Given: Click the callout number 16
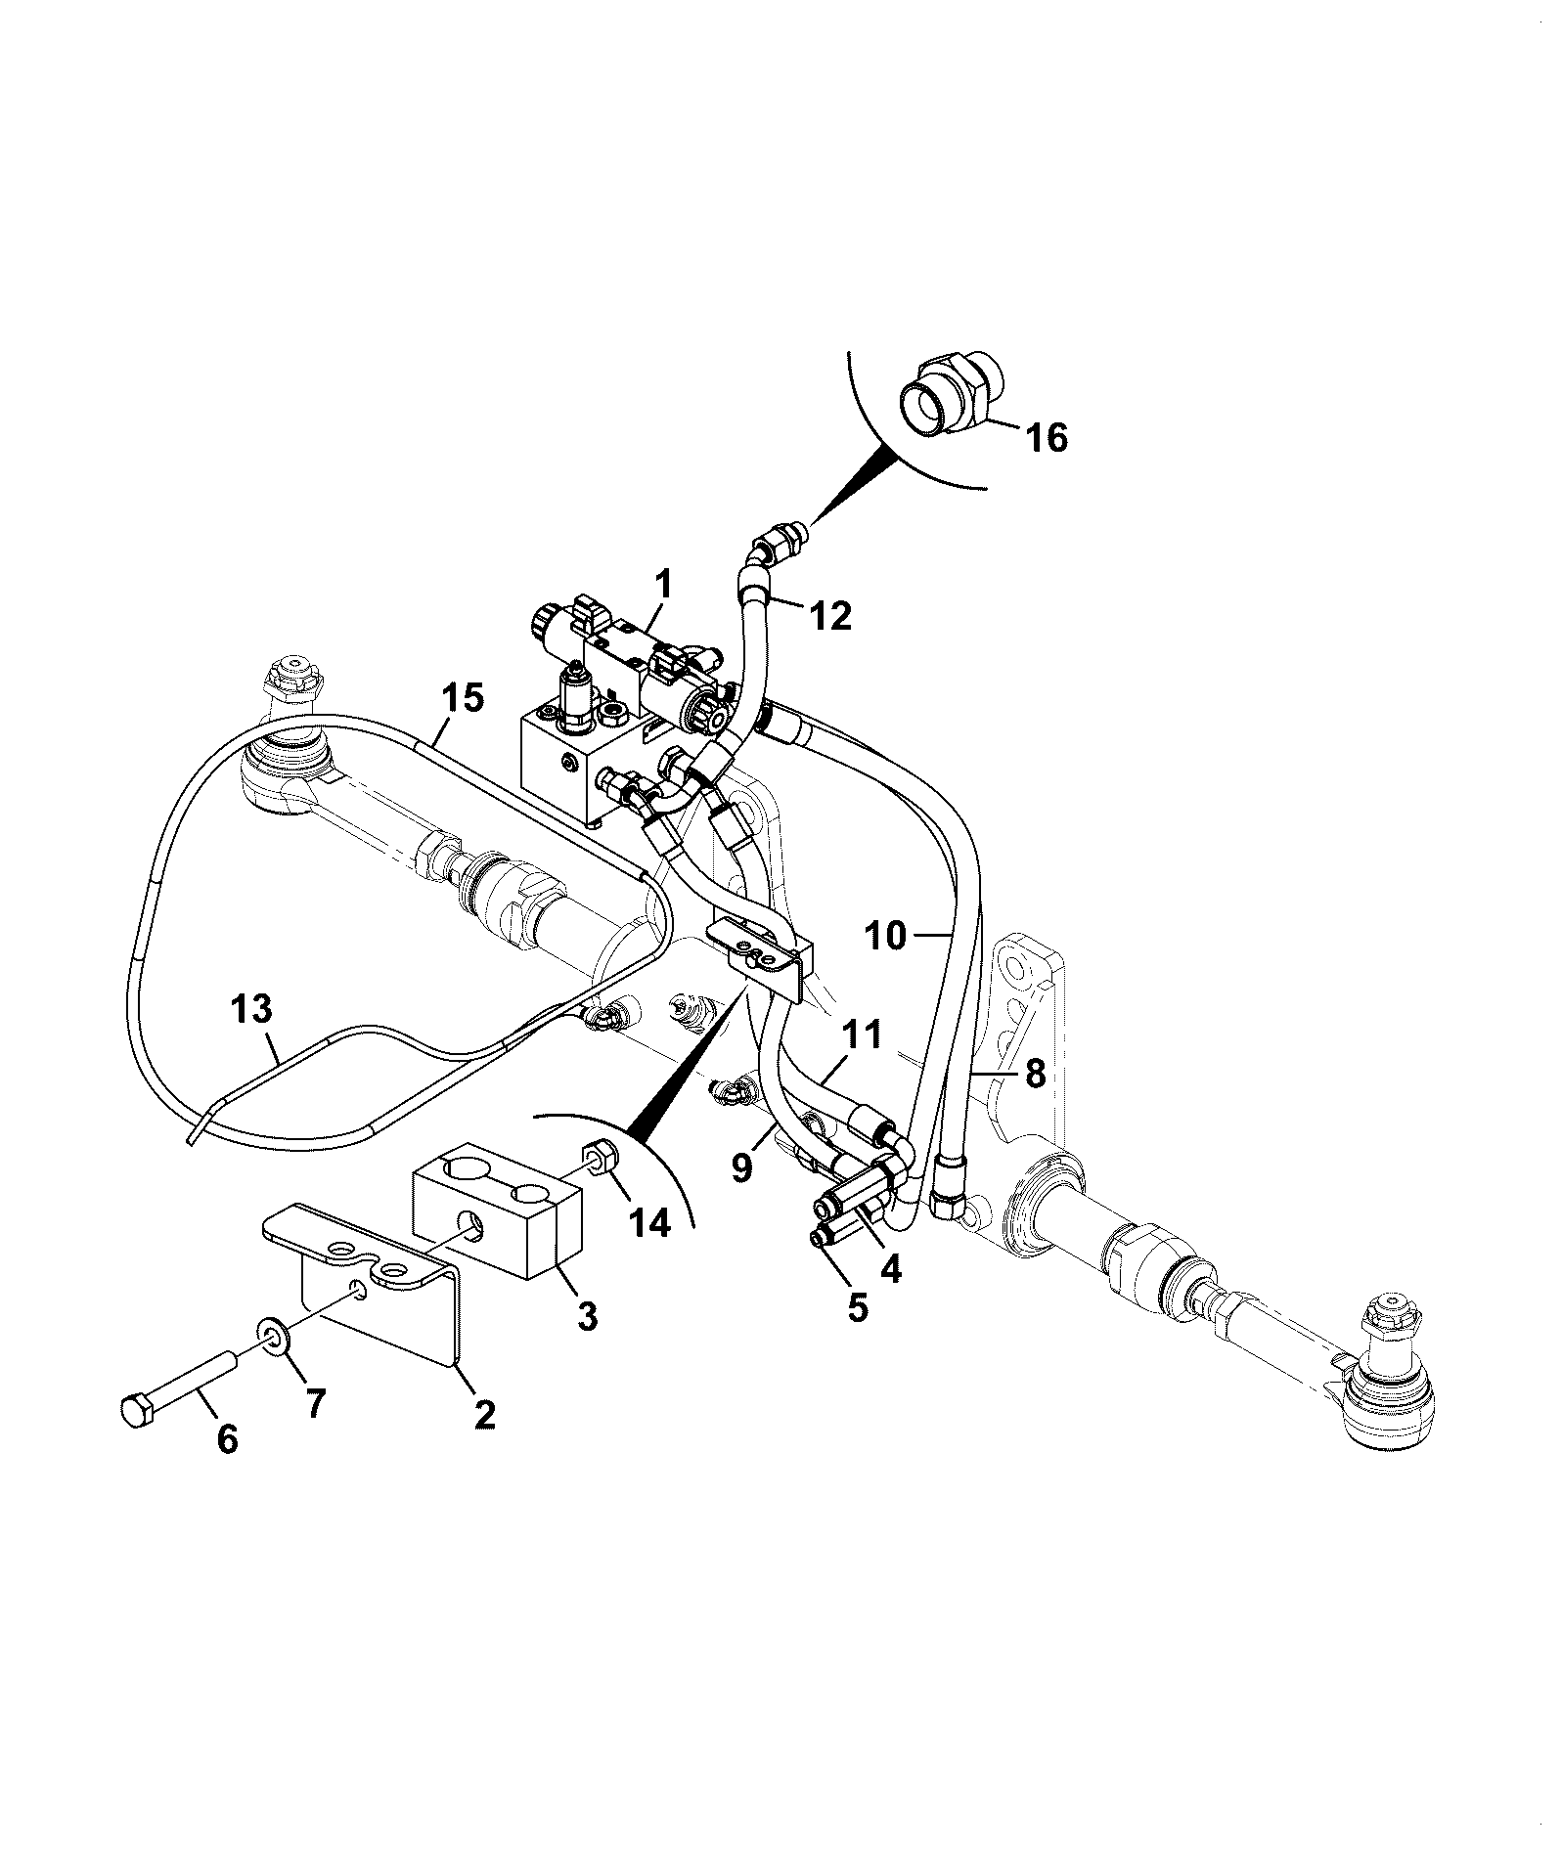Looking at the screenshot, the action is [1046, 438].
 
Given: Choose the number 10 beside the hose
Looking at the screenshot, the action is [886, 936].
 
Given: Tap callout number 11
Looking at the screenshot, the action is [860, 1034].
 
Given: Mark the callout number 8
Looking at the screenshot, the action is [1034, 1075].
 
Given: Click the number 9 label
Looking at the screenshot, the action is [743, 1167].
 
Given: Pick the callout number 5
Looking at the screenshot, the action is [857, 1307].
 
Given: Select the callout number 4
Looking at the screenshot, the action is [890, 1267].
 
